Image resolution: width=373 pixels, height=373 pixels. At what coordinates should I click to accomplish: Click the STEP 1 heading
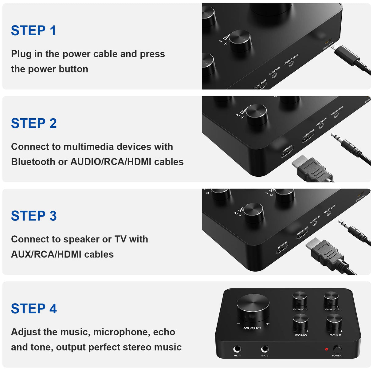point(33,31)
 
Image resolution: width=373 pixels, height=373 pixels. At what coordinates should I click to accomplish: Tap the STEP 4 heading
point(34,308)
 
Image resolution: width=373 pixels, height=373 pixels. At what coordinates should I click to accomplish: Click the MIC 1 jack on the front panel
point(237,349)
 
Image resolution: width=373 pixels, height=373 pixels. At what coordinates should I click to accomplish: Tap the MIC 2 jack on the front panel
point(265,349)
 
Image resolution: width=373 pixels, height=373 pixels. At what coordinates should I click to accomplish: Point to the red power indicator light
point(327,349)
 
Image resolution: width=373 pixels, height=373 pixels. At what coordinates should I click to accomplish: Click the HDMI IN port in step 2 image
point(287,152)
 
